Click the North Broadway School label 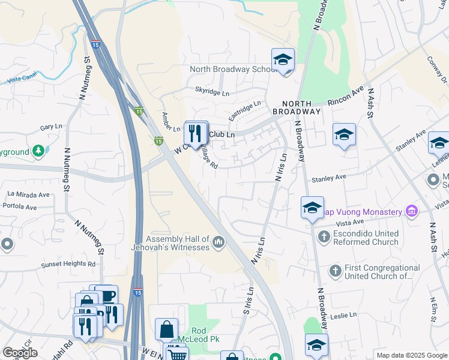coord(231,69)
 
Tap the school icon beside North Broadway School coord(283,60)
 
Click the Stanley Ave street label coord(328,178)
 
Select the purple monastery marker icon coord(411,211)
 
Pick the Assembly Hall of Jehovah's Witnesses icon coord(218,242)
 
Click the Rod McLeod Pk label coord(206,335)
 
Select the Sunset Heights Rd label coord(68,264)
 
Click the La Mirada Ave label coord(28,194)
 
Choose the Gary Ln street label coord(51,127)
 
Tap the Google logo coord(20,353)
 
